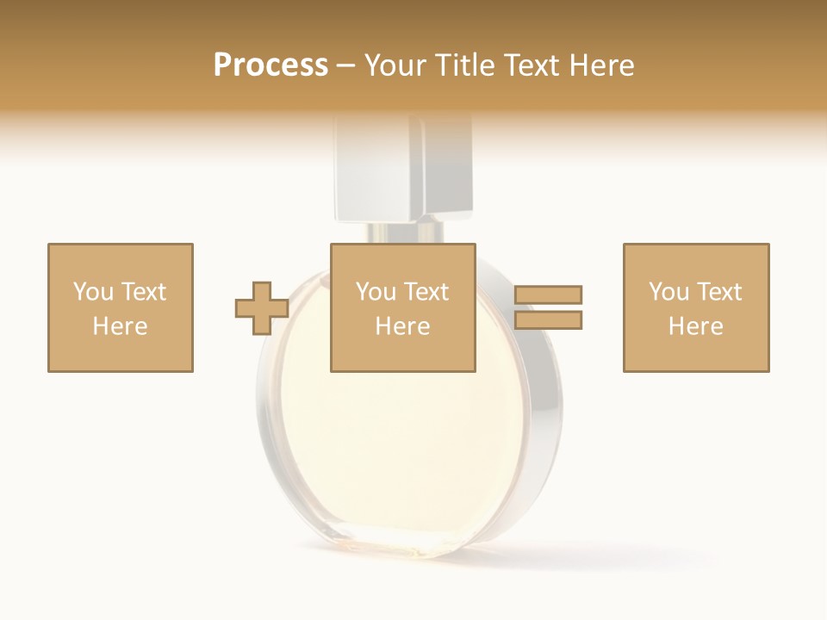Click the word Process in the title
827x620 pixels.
tap(270, 65)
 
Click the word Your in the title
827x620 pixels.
tap(395, 65)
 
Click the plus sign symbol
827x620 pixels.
tap(262, 308)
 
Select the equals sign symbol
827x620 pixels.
tap(548, 307)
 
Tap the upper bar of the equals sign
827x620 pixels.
tap(548, 295)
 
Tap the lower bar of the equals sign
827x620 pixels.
tap(548, 320)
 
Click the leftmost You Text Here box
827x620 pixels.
tap(120, 307)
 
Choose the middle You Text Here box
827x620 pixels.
tap(402, 307)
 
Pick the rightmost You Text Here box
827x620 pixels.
tap(695, 307)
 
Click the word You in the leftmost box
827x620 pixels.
tap(93, 292)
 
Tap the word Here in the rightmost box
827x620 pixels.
tap(695, 326)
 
